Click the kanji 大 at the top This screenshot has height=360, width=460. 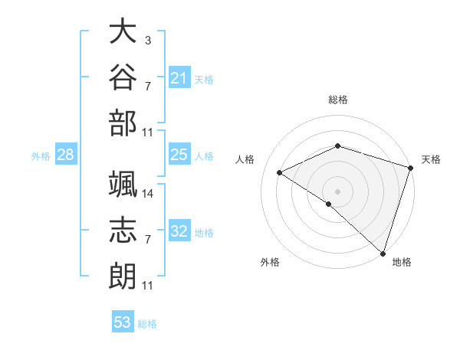tap(123, 31)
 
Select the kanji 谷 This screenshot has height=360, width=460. tap(123, 77)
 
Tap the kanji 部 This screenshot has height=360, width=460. tap(123, 123)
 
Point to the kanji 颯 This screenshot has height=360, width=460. tap(123, 184)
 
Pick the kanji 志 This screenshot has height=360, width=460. tap(123, 230)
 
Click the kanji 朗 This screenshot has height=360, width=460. tap(123, 277)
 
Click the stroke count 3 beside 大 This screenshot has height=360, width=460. tap(148, 40)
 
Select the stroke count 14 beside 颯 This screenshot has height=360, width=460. tap(147, 194)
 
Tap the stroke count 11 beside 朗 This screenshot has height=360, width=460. tap(147, 286)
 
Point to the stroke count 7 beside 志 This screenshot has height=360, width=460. tap(148, 240)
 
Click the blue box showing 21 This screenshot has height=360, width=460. tap(179, 77)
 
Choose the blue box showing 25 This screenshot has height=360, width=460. tap(179, 154)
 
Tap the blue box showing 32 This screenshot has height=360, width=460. tap(179, 230)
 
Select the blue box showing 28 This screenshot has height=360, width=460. tap(66, 154)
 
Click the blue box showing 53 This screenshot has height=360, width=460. tap(123, 321)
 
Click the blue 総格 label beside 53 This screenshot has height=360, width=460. tap(147, 324)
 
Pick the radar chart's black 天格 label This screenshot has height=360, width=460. tap(431, 159)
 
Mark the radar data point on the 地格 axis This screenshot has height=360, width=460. tap(383, 254)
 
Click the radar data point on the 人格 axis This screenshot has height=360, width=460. tap(280, 172)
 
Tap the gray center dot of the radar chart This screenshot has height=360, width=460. tap(337, 191)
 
